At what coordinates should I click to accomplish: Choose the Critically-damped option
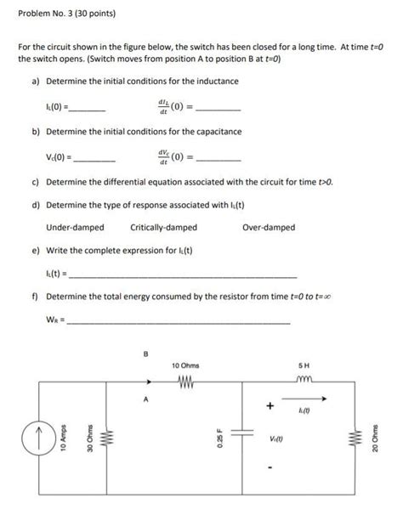[x=164, y=227]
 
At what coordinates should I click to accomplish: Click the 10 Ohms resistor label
[x=186, y=365]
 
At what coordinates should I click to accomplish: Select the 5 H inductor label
[x=304, y=365]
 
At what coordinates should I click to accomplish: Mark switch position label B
[x=145, y=354]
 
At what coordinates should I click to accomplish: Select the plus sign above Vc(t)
[x=270, y=407]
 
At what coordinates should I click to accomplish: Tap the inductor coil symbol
[x=304, y=380]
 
